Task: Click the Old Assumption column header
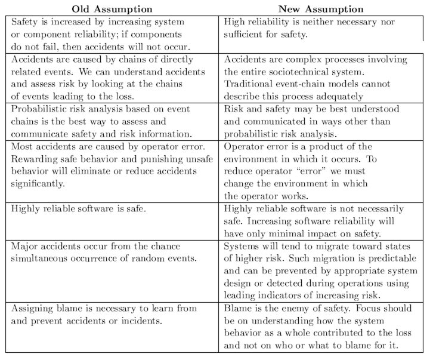tap(112, 9)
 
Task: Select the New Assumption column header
tap(321, 9)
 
